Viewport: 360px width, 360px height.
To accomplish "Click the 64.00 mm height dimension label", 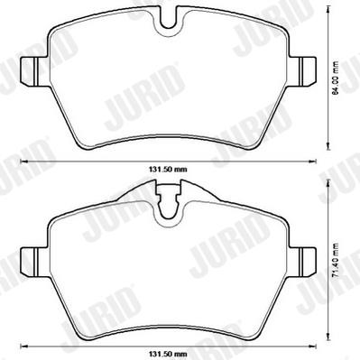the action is [x=336, y=78].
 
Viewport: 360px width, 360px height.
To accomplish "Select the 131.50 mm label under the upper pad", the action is [x=168, y=170].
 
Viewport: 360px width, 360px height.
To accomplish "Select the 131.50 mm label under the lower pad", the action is [x=168, y=354].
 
